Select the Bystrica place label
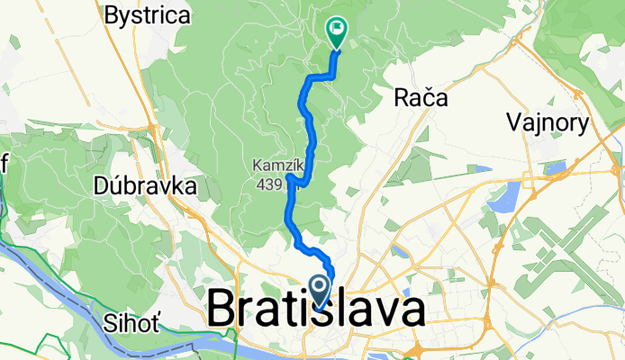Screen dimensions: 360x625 pyautogui.click(x=148, y=15)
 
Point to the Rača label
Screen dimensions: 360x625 pyautogui.click(x=421, y=99)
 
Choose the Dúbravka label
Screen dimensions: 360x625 pyautogui.click(x=145, y=187)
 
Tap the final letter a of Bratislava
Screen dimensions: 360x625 pyautogui.click(x=410, y=311)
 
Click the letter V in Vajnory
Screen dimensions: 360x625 pyautogui.click(x=514, y=122)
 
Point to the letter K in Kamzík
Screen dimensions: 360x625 pyautogui.click(x=257, y=166)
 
